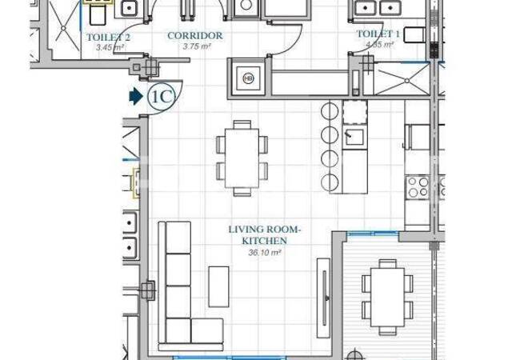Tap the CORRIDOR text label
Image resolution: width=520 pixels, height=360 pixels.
point(195,36)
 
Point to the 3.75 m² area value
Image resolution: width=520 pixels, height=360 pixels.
point(195,46)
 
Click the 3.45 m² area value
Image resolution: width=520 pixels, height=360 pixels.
point(110,47)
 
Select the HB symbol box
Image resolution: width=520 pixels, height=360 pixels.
point(248,78)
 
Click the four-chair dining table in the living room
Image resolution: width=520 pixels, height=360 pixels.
point(241,158)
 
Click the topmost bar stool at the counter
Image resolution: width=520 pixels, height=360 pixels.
point(327,110)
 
